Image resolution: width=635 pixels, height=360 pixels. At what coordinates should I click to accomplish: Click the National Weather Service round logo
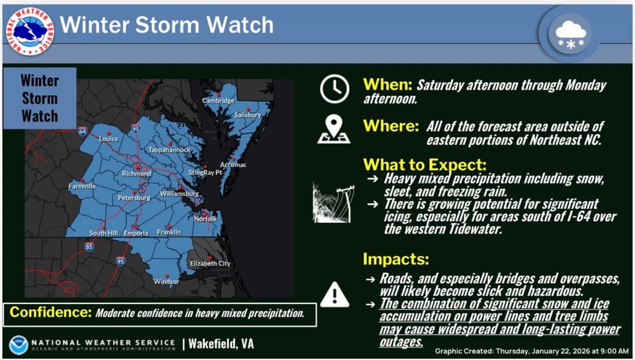30,31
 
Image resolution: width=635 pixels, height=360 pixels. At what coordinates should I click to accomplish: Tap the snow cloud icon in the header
571,34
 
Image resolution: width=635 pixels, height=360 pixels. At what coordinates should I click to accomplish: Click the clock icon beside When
335,89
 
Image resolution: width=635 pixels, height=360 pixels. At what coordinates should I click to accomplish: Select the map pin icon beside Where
334,129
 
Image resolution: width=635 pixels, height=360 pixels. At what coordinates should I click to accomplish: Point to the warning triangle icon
335,295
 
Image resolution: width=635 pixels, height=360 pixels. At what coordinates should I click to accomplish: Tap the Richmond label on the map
137,173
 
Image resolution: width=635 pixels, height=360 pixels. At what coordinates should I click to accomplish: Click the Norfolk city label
205,218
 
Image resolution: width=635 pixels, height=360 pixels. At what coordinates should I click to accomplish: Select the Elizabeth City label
210,263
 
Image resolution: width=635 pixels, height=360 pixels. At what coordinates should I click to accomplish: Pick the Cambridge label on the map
218,100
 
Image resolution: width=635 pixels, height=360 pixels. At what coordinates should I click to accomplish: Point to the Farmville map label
82,186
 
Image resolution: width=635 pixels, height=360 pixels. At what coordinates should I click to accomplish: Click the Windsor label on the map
166,281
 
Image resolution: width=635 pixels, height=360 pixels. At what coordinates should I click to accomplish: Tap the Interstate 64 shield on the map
83,131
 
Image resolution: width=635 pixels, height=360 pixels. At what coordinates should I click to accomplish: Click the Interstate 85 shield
89,246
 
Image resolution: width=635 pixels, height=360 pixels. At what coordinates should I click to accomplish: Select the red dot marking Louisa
109,133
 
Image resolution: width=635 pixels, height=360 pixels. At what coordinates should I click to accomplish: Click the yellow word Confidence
51,312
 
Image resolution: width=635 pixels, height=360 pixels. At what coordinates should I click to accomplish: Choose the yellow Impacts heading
396,259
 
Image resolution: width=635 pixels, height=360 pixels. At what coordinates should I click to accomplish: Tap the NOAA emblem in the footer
18,345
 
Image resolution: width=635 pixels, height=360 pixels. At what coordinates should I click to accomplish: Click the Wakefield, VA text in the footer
221,343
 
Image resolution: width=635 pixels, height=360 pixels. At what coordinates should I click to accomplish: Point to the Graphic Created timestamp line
531,351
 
